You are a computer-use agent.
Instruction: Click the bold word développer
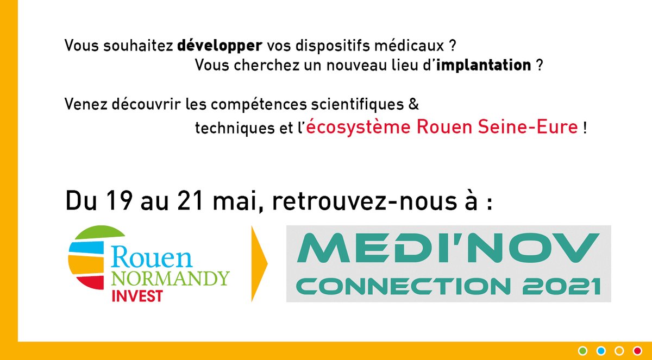tap(212, 46)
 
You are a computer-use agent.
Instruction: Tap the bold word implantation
tap(484, 66)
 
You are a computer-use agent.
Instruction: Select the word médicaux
tap(413, 46)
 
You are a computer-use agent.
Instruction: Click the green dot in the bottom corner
tap(583, 350)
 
